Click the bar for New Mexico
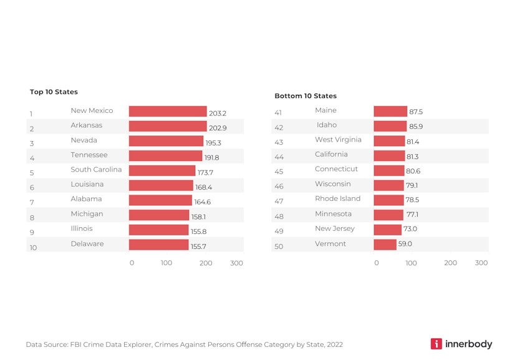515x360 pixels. pyautogui.click(x=168, y=112)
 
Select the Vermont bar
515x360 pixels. pyautogui.click(x=385, y=244)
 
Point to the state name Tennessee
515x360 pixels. pyautogui.click(x=89, y=155)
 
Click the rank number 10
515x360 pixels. pyautogui.click(x=33, y=248)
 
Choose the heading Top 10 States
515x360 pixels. pyautogui.click(x=54, y=92)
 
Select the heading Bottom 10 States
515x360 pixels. pyautogui.click(x=306, y=96)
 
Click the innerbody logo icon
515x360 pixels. pyautogui.click(x=436, y=344)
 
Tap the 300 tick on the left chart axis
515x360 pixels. pyautogui.click(x=236, y=263)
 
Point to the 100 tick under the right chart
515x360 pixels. pyautogui.click(x=411, y=263)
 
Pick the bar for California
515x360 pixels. pyautogui.click(x=389, y=155)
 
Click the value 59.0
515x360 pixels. pyautogui.click(x=405, y=244)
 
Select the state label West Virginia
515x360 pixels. pyautogui.click(x=338, y=140)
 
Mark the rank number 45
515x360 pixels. pyautogui.click(x=279, y=172)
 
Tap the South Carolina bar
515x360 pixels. pyautogui.click(x=162, y=170)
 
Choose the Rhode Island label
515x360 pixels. pyautogui.click(x=337, y=198)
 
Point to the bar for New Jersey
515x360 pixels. pyautogui.click(x=387, y=230)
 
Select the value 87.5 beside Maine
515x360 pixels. pyautogui.click(x=416, y=112)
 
